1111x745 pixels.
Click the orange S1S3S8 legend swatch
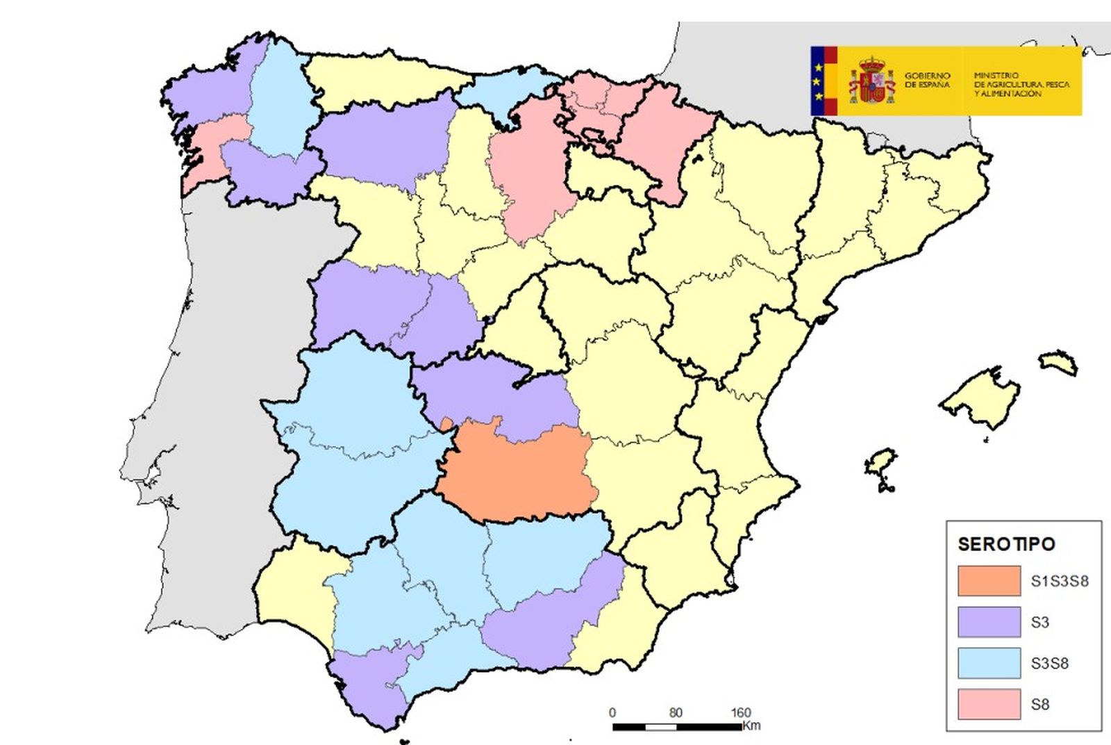pos(989,581)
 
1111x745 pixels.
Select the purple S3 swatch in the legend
pos(989,622)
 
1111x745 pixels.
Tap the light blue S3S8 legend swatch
pos(989,663)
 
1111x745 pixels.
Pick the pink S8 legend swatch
pos(989,704)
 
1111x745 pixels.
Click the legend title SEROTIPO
pos(1006,544)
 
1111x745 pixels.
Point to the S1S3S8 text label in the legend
pos(1059,581)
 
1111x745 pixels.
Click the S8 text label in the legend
pos(1039,705)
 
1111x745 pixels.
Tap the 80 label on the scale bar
pos(676,712)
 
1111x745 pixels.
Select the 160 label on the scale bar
pos(740,712)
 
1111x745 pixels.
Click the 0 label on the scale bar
pos(612,712)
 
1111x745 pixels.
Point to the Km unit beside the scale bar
pos(751,726)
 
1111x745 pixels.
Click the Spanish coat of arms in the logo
pos(871,81)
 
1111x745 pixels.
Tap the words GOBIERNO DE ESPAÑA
pos(927,80)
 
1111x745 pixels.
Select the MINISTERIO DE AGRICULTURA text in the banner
pos(1021,84)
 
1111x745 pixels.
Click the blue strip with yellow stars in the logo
pos(817,81)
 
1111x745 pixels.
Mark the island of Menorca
pos(1058,362)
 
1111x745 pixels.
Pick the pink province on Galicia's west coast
pos(208,149)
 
